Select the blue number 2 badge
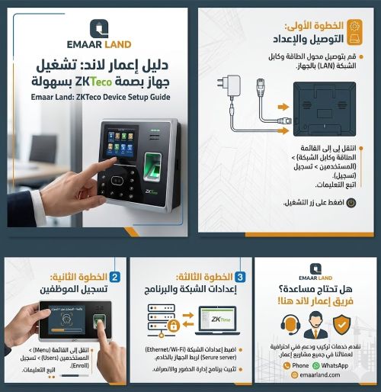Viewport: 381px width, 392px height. coord(114,277)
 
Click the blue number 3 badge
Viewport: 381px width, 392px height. coord(239,277)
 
